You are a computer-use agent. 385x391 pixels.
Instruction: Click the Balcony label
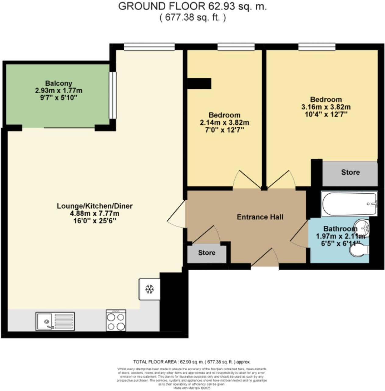(x=59, y=83)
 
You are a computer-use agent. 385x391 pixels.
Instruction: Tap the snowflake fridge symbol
(x=149, y=289)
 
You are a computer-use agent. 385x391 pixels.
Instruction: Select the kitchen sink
(x=55, y=321)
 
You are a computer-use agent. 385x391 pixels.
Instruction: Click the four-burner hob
(x=116, y=320)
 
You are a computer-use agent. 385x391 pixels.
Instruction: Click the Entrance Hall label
(x=260, y=217)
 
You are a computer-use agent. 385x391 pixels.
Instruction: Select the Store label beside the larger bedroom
(x=350, y=172)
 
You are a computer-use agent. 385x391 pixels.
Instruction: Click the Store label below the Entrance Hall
(x=207, y=253)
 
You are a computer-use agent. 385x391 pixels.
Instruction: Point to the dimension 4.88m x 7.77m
(x=95, y=213)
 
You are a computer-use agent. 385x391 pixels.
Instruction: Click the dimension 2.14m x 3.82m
(x=224, y=123)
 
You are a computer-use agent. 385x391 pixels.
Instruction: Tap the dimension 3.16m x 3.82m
(x=326, y=107)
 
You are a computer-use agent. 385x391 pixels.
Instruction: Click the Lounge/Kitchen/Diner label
(x=95, y=206)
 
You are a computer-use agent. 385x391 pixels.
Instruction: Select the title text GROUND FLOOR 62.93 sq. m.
(x=192, y=6)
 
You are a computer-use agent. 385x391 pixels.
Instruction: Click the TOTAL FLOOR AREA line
(x=192, y=362)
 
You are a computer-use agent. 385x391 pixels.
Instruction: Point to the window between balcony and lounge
(x=113, y=95)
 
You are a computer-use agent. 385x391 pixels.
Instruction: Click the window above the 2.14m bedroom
(x=236, y=47)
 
